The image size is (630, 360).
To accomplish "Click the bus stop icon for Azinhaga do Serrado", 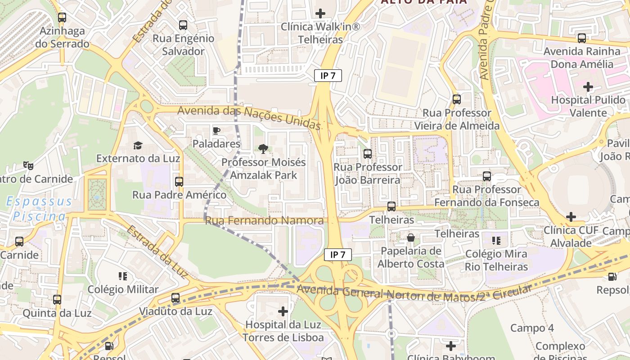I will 62,18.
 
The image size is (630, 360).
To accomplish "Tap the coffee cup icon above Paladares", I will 216,131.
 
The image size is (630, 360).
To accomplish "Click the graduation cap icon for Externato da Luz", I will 138,145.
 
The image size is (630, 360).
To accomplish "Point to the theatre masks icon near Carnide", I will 28,166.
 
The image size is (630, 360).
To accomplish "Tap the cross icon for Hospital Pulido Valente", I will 588,86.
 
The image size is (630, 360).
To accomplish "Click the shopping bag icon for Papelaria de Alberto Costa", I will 410,238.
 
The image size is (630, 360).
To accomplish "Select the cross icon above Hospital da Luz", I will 283,311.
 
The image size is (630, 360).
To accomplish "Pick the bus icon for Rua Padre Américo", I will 179,181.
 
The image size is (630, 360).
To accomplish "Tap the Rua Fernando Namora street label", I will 264,220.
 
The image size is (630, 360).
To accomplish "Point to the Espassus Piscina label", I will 39,209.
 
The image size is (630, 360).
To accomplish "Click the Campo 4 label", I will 532,328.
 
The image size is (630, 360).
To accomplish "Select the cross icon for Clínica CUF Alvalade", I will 571,217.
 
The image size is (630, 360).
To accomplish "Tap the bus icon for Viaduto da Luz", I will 175,298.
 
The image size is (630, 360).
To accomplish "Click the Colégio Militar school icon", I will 123,276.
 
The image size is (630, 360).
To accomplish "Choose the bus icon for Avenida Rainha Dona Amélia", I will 582,38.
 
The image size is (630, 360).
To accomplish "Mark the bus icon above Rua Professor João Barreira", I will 368,154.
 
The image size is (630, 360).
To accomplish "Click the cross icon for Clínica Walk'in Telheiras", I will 320,13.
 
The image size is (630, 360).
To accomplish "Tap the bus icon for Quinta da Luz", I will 57,300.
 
